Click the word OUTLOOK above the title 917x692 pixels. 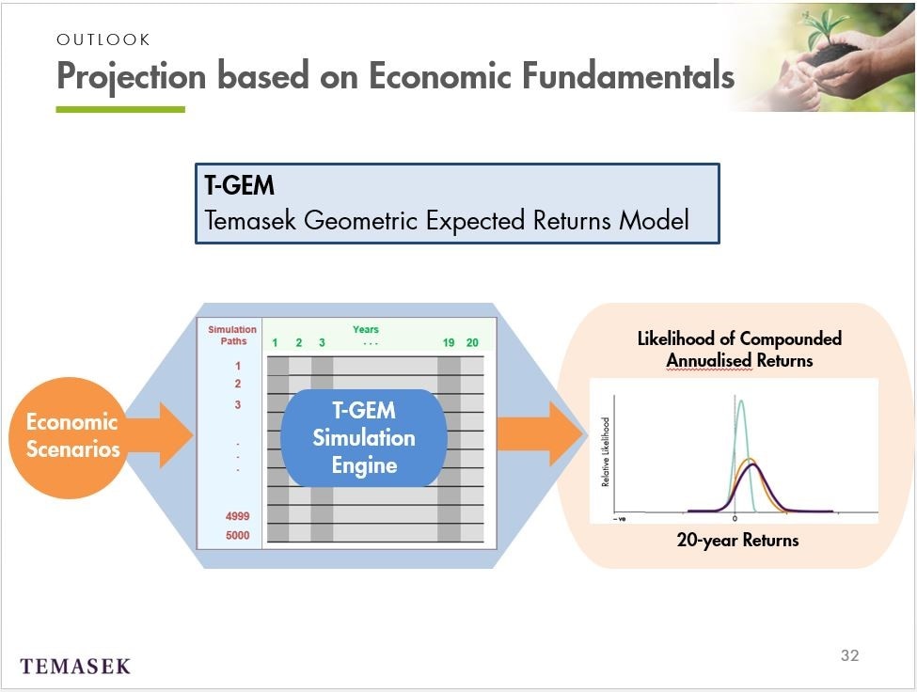tap(103, 39)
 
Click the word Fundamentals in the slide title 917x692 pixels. tap(627, 76)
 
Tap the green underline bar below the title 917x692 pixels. tap(120, 109)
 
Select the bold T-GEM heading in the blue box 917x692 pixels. tap(239, 185)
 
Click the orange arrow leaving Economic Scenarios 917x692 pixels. tap(159, 434)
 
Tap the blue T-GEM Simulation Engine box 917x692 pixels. tap(364, 438)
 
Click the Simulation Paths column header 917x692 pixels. tap(232, 336)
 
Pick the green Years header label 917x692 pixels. tap(366, 330)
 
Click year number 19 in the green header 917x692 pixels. tap(449, 343)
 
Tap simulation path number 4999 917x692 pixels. tap(237, 516)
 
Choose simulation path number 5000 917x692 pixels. tap(237, 535)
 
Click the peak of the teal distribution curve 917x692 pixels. tap(741, 401)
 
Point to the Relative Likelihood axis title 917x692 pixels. tap(606, 452)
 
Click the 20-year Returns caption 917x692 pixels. tap(737, 540)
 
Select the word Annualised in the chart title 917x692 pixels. tap(709, 361)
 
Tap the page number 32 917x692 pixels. tap(849, 655)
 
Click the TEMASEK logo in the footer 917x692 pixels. tap(75, 667)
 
